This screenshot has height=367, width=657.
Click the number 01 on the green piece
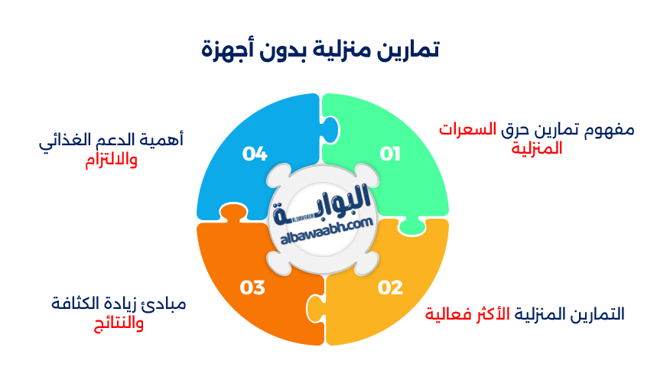(391, 154)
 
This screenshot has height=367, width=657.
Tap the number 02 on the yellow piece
(390, 288)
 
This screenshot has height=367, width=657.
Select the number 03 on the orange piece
(253, 288)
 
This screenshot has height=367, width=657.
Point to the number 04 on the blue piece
(255, 154)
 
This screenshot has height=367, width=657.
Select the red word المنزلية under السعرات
(537, 148)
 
